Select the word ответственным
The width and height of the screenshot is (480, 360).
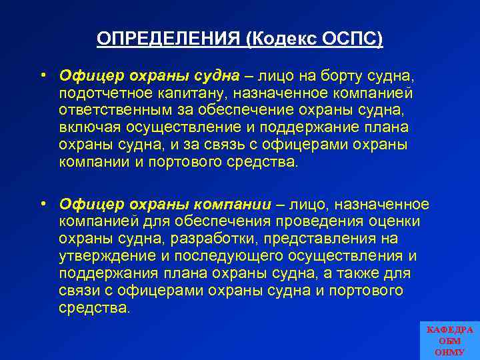pyautogui.click(x=115, y=109)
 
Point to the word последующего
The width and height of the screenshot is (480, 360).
pyautogui.click(x=227, y=256)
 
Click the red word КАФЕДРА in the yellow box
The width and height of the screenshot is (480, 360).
pyautogui.click(x=450, y=330)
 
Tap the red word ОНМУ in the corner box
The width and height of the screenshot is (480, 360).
pyautogui.click(x=450, y=351)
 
